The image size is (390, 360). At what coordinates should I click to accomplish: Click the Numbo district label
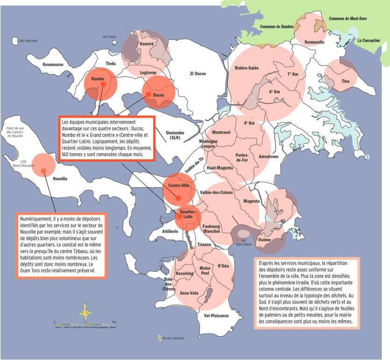(x=98, y=79)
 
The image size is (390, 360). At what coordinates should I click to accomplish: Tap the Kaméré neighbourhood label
(x=146, y=44)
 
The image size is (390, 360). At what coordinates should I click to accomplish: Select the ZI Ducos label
(x=198, y=74)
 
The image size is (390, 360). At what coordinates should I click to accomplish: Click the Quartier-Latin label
(x=188, y=214)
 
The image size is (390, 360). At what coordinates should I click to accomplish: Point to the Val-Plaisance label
(x=216, y=316)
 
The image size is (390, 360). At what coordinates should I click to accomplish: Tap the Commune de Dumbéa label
(x=277, y=27)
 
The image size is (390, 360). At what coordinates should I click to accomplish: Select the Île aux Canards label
(x=172, y=338)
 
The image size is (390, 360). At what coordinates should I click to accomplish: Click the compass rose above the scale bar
(x=85, y=310)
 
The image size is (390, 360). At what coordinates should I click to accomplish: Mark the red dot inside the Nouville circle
(x=43, y=170)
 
